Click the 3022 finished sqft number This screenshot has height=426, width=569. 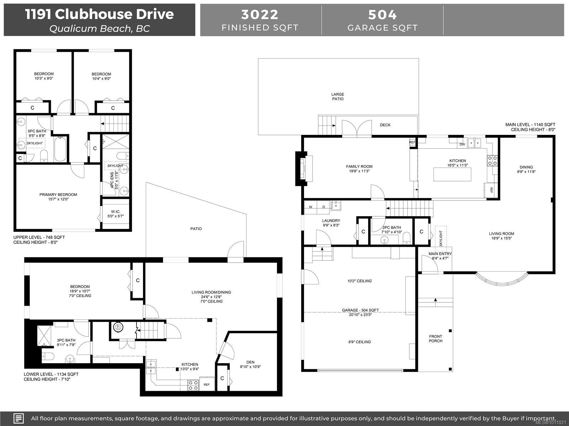(260, 15)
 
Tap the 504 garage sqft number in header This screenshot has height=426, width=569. (382, 15)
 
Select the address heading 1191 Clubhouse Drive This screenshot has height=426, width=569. (99, 14)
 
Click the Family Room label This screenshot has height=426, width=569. (359, 166)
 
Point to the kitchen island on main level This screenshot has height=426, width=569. (452, 174)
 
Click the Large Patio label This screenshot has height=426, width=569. (338, 97)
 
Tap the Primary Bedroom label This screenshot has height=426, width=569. (58, 195)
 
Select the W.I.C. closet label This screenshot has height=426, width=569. (116, 212)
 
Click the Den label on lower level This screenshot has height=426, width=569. (250, 362)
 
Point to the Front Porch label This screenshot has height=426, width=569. (436, 339)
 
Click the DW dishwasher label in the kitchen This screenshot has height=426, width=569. (462, 144)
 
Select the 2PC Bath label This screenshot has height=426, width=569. (392, 227)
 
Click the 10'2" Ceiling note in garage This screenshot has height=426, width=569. (360, 281)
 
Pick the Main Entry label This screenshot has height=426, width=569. (440, 254)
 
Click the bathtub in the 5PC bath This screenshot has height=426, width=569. (60, 149)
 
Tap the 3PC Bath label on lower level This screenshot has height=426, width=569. (66, 340)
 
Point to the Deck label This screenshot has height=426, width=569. (385, 125)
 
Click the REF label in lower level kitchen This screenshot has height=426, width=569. (207, 384)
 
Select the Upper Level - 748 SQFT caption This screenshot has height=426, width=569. (39, 237)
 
